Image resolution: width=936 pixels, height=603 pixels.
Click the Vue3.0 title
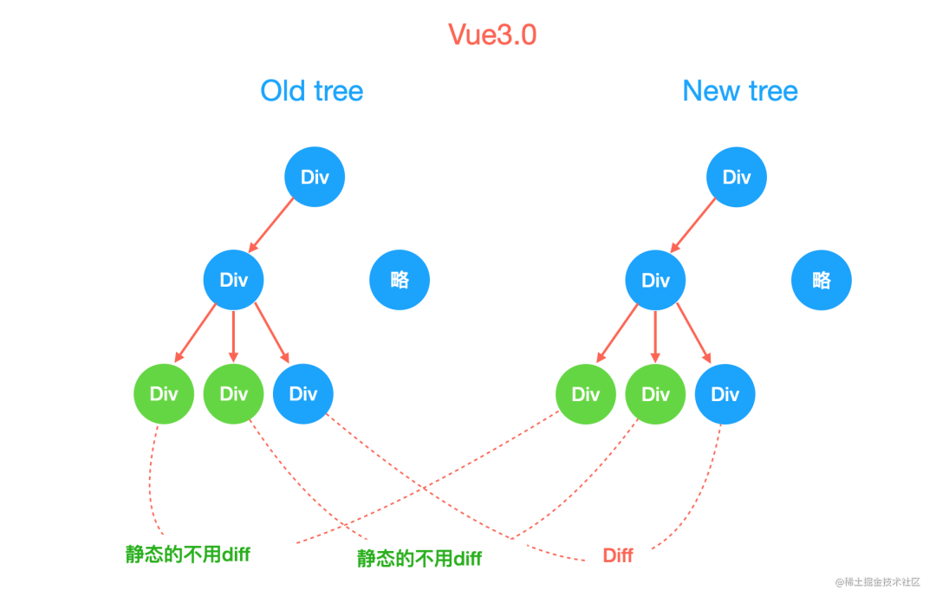[x=493, y=35]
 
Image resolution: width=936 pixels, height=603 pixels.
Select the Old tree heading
[x=312, y=91]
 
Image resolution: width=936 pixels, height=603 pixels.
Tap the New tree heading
[x=740, y=91]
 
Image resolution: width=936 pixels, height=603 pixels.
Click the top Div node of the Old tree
[x=315, y=177]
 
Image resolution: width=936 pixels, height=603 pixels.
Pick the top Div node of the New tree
[x=737, y=177]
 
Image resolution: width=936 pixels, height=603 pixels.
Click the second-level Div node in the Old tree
[x=233, y=280]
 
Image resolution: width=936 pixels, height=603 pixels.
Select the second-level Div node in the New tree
[x=655, y=280]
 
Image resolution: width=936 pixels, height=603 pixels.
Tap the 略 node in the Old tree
[x=400, y=280]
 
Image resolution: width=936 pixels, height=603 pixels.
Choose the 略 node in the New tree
[x=822, y=280]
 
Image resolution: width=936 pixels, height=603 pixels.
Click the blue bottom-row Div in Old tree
[x=303, y=394]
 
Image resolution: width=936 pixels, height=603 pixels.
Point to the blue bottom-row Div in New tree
[x=725, y=394]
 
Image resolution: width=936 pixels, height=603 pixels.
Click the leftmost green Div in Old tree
[x=164, y=394]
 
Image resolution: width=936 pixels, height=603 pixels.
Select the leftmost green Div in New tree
[x=586, y=394]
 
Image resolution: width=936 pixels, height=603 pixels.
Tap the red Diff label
[x=618, y=555]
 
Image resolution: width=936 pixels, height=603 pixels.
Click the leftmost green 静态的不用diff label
[x=187, y=554]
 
